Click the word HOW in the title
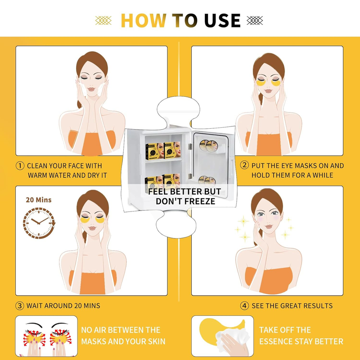tap(143, 20)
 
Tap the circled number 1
tap(20, 166)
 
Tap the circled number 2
tap(244, 166)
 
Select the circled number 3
tap(20, 306)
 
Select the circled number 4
tap(244, 306)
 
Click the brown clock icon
tap(38, 222)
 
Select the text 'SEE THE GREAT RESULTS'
tap(292, 306)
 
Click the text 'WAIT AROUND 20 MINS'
tap(63, 306)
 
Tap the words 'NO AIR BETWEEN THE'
tap(121, 330)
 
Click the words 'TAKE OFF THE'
tap(285, 330)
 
